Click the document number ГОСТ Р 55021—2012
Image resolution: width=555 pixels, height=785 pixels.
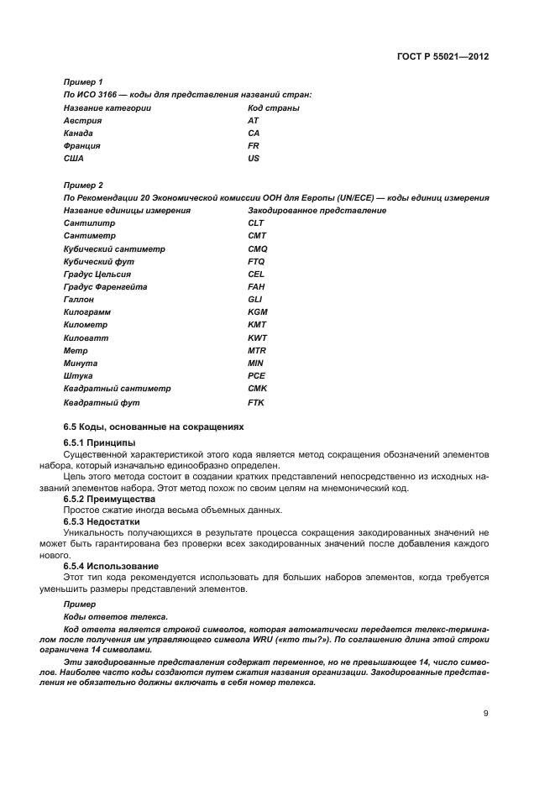point(442,56)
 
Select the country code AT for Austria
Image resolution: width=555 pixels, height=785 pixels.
point(254,121)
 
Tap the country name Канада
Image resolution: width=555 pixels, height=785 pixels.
point(78,133)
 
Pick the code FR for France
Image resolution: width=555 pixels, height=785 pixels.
point(254,146)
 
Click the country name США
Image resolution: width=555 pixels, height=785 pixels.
point(74,159)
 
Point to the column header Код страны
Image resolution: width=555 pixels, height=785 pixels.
point(274,108)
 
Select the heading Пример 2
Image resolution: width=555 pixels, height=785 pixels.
point(83,185)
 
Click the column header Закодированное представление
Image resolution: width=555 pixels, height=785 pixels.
point(317,211)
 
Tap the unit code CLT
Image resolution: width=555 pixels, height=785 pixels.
point(256,223)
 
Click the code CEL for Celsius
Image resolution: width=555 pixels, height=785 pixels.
point(256,275)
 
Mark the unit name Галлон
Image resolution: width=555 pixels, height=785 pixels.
point(79,300)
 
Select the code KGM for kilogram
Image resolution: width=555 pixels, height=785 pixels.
point(257,312)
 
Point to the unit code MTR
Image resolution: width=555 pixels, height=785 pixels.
point(257,350)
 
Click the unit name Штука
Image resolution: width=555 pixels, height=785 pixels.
point(77,376)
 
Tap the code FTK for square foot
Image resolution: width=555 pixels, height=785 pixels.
point(256,402)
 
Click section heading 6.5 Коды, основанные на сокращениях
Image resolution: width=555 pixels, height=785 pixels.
point(152,427)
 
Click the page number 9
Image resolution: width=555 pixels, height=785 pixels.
point(486,714)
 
